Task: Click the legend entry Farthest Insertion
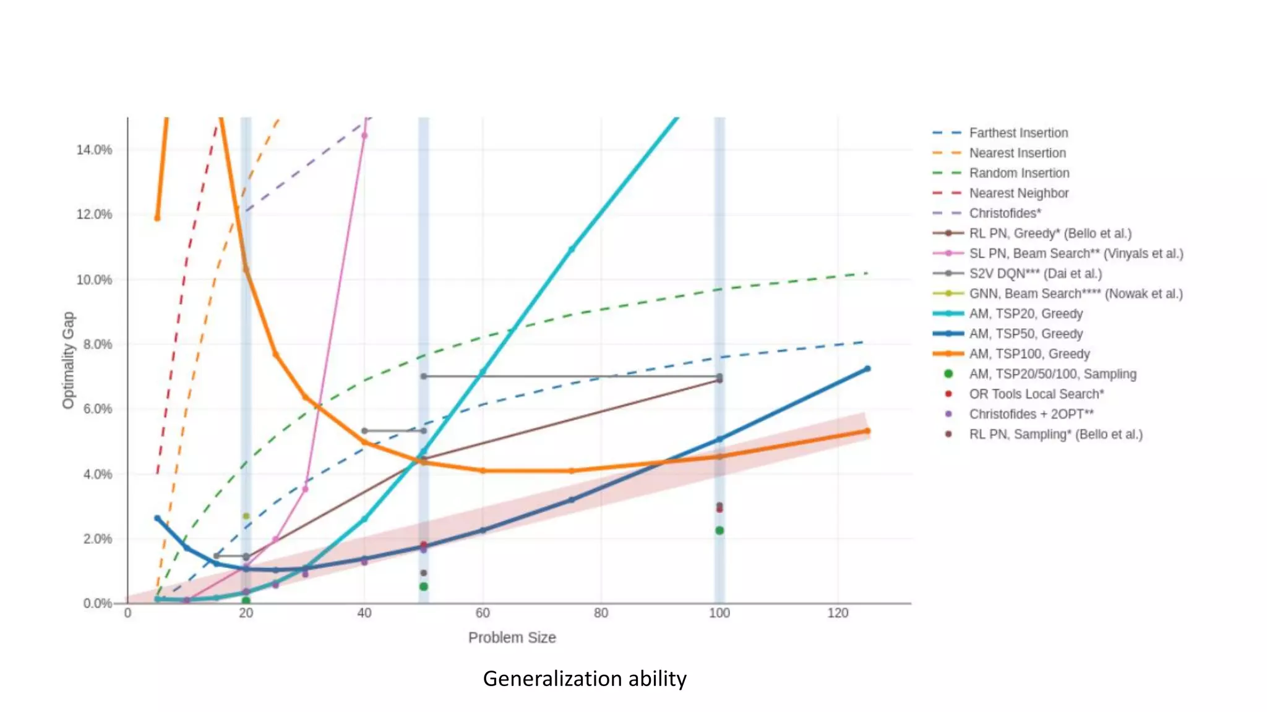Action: [1018, 133]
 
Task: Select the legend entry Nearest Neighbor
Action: [1018, 193]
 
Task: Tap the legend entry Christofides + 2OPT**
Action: [1031, 414]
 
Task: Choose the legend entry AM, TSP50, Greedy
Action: [1026, 334]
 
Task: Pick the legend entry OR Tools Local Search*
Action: [1036, 394]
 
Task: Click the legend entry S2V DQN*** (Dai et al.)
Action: [1035, 274]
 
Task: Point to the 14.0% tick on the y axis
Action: [94, 150]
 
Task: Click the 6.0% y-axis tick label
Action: [97, 409]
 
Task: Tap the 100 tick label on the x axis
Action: [719, 613]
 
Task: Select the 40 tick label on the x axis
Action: [364, 613]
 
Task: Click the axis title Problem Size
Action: [512, 638]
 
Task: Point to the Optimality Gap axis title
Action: [68, 360]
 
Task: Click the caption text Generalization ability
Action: [585, 679]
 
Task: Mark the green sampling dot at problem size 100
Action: [719, 530]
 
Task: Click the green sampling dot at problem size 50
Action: [424, 587]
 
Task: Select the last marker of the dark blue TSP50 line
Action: [867, 369]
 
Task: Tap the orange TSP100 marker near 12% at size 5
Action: [157, 218]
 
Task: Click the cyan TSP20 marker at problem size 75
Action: [571, 249]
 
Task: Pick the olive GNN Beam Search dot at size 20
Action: [246, 516]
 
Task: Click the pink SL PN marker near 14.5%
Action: [364, 136]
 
